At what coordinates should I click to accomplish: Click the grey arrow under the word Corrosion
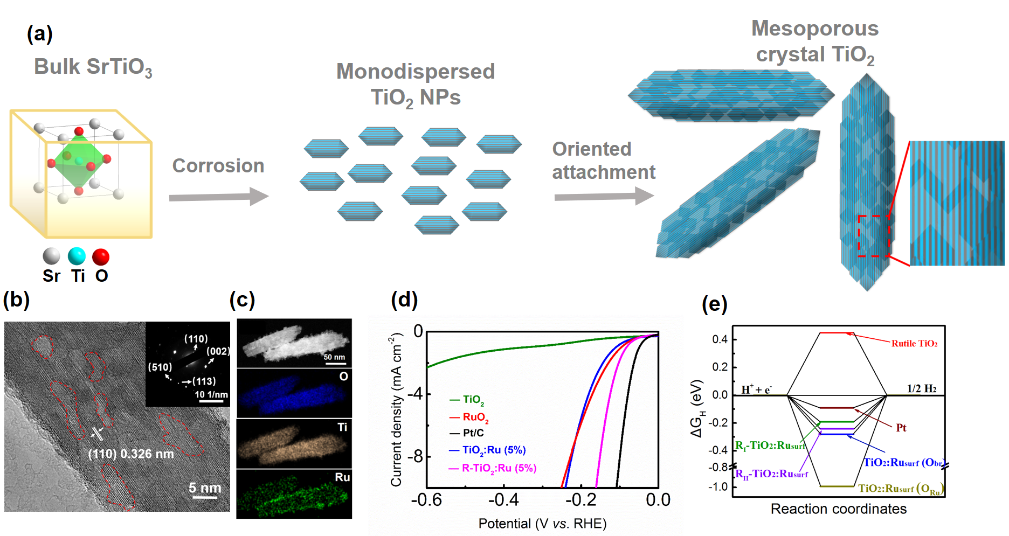(218, 197)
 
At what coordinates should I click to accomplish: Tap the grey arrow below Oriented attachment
(604, 196)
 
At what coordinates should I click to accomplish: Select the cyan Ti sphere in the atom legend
(77, 256)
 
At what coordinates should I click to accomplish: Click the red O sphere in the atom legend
(101, 257)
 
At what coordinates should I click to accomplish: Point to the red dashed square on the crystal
(873, 236)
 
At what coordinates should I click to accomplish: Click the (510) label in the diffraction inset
(160, 367)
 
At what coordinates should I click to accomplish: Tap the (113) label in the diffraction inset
(204, 381)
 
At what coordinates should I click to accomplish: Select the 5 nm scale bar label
(205, 488)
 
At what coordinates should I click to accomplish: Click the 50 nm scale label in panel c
(334, 357)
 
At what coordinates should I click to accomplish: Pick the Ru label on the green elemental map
(342, 477)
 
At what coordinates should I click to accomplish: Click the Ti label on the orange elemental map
(342, 427)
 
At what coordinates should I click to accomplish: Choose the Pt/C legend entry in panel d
(473, 433)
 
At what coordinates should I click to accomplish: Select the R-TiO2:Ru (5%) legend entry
(499, 468)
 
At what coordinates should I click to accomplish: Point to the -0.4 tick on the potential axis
(503, 500)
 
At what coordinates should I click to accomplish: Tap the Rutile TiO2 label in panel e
(914, 344)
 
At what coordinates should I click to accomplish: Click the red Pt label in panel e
(901, 428)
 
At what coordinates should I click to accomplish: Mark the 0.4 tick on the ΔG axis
(720, 339)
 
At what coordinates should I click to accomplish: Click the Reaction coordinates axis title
(838, 509)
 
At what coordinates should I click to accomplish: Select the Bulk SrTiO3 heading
(93, 67)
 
